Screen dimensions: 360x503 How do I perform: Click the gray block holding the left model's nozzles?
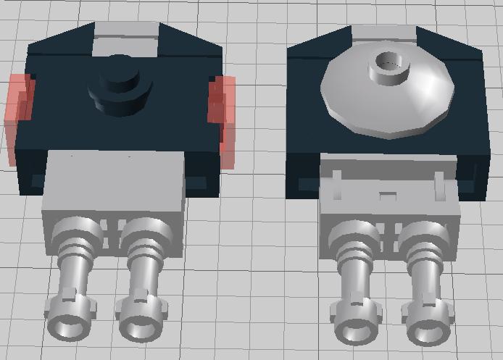click(112, 185)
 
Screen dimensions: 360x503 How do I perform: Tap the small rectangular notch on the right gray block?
click(388, 195)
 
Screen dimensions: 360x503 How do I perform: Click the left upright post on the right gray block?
click(337, 185)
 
